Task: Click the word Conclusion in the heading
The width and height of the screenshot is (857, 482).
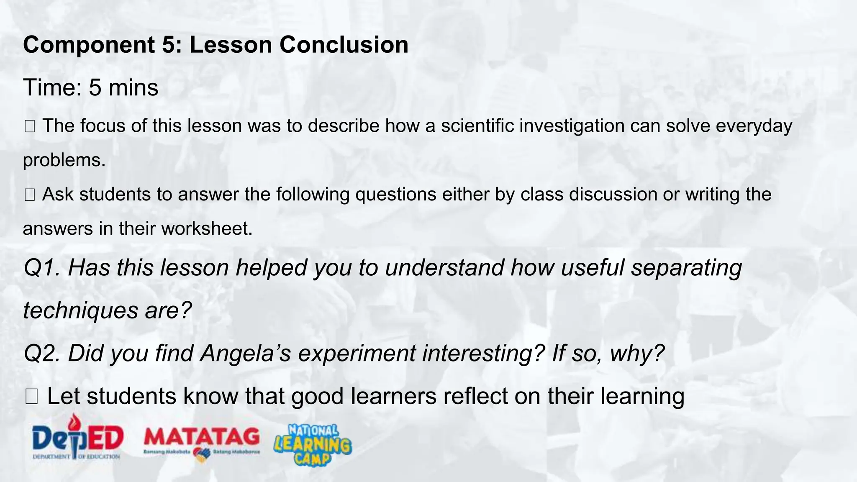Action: pyautogui.click(x=344, y=45)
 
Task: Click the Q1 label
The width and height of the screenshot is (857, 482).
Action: pyautogui.click(x=42, y=268)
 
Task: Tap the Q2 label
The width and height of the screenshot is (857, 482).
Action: pyautogui.click(x=42, y=354)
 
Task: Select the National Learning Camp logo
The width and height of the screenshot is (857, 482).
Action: pyautogui.click(x=313, y=444)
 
